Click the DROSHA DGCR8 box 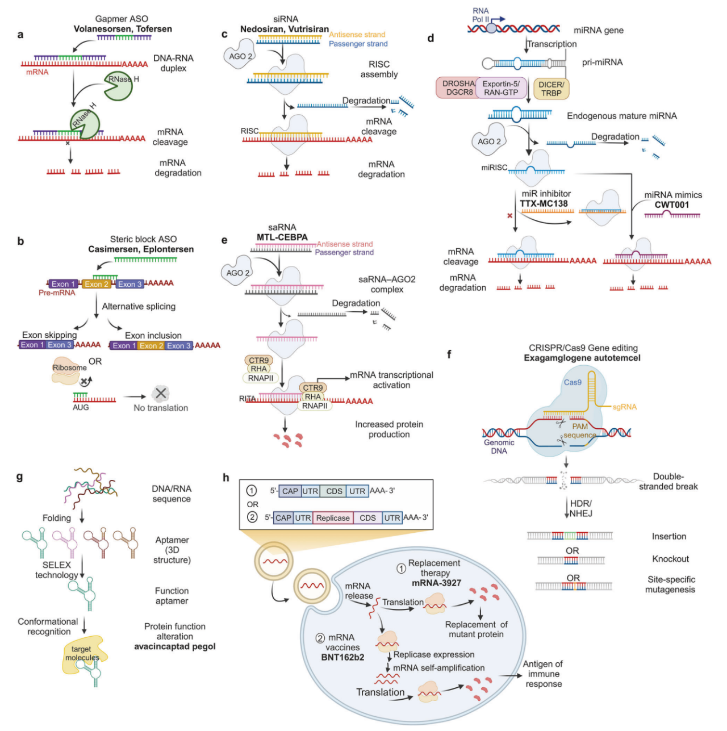[457, 87]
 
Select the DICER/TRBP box [551, 89]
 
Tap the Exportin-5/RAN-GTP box [501, 87]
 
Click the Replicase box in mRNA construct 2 [333, 518]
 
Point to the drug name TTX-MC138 [544, 204]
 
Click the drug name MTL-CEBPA [282, 237]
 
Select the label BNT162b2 [342, 657]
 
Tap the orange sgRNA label [624, 407]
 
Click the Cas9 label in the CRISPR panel [573, 382]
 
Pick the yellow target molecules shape [84, 654]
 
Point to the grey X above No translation [161, 394]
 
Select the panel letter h [225, 478]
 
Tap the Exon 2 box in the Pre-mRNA [97, 284]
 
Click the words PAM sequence [580, 431]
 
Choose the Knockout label [670, 559]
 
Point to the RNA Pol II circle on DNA [491, 28]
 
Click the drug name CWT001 [671, 205]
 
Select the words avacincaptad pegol [174, 646]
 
